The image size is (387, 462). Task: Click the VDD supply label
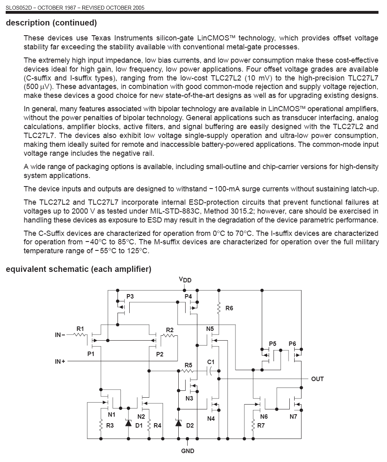pyautogui.click(x=185, y=280)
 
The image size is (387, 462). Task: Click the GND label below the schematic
pyautogui.click(x=188, y=451)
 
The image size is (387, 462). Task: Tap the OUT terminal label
pyautogui.click(x=317, y=379)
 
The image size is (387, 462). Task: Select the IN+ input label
pyautogui.click(x=60, y=361)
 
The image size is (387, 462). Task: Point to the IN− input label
pyautogui.click(x=60, y=335)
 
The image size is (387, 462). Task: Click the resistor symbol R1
pyautogui.click(x=80, y=335)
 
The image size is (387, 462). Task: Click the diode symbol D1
pyautogui.click(x=128, y=424)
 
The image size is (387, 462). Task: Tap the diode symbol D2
pyautogui.click(x=178, y=424)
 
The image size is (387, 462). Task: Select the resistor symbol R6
pyautogui.click(x=219, y=308)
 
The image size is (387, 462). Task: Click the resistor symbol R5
pyautogui.click(x=187, y=370)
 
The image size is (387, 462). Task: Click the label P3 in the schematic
pyautogui.click(x=130, y=297)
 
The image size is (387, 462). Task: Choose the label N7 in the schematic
pyautogui.click(x=293, y=417)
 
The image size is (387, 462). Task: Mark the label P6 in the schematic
pyautogui.click(x=292, y=344)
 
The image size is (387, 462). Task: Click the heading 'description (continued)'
pyautogui.click(x=51, y=23)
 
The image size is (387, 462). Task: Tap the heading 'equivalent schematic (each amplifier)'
pyautogui.click(x=79, y=269)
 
